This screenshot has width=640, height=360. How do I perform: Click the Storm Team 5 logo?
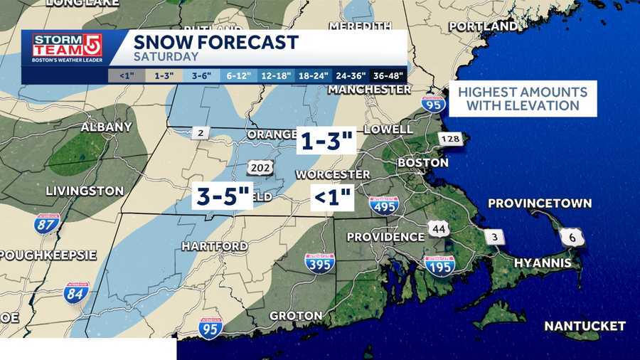65,48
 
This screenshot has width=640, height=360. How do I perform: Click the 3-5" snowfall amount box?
223,196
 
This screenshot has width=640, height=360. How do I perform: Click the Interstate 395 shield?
320,263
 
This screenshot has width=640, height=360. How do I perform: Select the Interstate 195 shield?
439,265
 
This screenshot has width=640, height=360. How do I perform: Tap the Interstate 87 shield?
47,225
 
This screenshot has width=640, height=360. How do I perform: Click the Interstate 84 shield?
76,292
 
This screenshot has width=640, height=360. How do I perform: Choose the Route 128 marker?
450,139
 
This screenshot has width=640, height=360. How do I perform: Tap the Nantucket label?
585,326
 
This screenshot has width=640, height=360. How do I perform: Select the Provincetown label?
539,203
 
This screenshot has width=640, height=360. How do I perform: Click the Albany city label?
106,127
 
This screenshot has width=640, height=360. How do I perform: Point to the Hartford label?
214,246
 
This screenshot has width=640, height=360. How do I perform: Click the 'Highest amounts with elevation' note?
523,99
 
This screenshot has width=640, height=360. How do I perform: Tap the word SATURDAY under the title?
166,57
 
